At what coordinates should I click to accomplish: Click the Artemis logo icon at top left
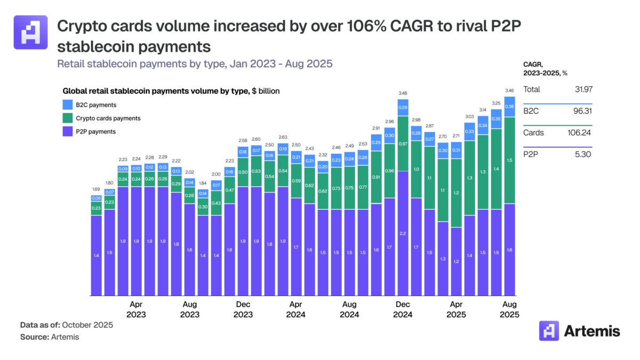point(30,33)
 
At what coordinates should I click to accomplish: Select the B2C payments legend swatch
point(68,105)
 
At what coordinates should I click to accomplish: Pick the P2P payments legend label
point(96,131)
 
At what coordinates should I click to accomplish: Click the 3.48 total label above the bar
point(403,93)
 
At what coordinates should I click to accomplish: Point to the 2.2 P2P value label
point(403,233)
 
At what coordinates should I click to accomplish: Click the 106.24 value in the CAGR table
point(580,133)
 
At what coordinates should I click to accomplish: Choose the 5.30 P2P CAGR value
point(582,154)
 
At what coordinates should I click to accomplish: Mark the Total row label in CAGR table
point(532,90)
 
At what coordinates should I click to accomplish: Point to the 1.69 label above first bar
point(96,189)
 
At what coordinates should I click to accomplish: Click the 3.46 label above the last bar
point(509,91)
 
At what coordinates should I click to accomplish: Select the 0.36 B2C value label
point(509,107)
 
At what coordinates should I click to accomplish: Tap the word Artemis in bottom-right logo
point(592,331)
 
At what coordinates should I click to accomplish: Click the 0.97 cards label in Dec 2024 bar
point(403,144)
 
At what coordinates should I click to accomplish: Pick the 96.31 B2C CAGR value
point(581,111)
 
